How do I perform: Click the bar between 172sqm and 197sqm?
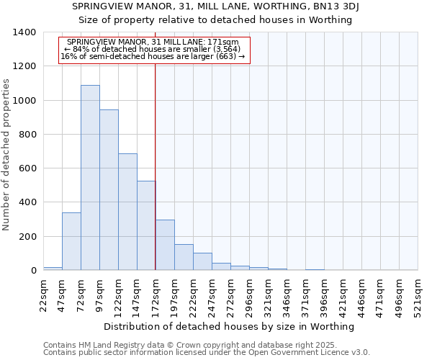pos(165,245)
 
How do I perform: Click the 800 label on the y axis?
pos(27,135)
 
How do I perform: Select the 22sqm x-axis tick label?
pos(44,294)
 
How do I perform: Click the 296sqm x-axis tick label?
pos(250,296)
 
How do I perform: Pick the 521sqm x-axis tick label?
pos(418,296)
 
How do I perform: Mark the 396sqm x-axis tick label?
pos(325,296)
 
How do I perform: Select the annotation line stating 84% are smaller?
pos(153,49)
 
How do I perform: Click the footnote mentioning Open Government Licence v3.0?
pos(207,353)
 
